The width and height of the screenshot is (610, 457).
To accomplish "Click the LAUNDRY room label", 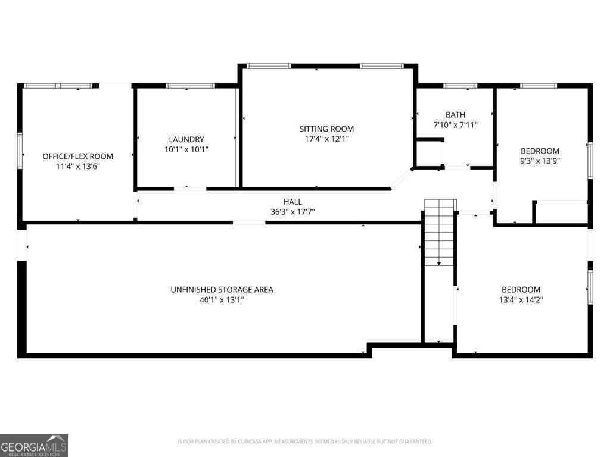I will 186,139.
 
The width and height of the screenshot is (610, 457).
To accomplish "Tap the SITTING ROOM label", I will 326,129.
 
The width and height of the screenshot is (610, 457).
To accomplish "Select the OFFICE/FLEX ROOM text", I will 77,156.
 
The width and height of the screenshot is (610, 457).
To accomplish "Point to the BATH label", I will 455,114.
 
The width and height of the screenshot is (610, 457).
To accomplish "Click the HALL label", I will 292,202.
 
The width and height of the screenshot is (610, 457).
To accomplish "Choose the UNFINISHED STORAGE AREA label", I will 222,290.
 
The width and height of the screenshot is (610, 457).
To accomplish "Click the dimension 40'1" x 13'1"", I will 222,300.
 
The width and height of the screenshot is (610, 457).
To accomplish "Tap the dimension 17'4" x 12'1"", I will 326,139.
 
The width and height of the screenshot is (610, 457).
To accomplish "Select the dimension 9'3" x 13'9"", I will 540,161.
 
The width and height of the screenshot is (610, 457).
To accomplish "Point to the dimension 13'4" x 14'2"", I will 521,300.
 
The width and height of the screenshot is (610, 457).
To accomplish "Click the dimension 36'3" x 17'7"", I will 292,212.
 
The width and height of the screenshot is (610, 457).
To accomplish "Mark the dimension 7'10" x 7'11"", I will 455,125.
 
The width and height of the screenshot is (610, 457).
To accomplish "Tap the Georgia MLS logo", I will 34,445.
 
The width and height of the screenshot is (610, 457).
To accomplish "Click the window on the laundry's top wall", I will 190,86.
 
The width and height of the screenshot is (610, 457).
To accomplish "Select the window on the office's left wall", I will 20,151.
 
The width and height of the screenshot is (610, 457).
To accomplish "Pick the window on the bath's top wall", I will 460,86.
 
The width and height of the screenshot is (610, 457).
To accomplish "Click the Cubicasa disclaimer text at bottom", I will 304,442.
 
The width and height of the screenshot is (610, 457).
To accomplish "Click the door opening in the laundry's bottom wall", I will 190,189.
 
